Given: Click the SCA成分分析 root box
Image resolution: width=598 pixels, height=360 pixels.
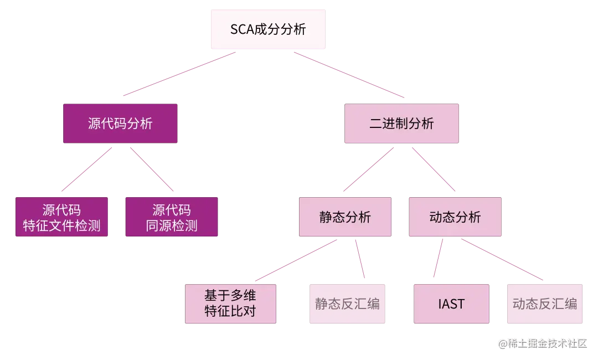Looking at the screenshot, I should [x=268, y=29].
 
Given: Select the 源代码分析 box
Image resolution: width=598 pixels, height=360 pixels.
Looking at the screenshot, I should [x=120, y=124].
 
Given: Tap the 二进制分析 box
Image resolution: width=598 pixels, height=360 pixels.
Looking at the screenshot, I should [x=401, y=124].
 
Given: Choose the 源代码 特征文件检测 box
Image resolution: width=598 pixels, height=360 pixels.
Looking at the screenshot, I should [x=61, y=217].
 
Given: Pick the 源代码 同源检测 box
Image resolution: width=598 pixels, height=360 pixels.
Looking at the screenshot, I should [x=172, y=217].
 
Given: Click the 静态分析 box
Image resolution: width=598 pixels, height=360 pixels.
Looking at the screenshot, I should [x=345, y=217].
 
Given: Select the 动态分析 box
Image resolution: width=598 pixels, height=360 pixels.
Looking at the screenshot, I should [x=455, y=217].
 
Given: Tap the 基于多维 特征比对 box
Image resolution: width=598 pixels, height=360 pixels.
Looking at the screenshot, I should [x=230, y=303].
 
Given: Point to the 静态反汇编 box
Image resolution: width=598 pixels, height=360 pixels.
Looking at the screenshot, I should [x=347, y=304].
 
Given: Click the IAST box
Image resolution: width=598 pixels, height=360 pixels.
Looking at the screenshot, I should [x=451, y=304].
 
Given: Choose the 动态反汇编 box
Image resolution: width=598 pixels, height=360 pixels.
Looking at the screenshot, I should [x=545, y=304].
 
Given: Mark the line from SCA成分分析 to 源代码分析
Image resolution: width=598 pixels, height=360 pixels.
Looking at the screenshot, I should [x=177, y=74].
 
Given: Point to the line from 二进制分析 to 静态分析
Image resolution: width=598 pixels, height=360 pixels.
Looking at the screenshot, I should [x=368, y=169].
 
